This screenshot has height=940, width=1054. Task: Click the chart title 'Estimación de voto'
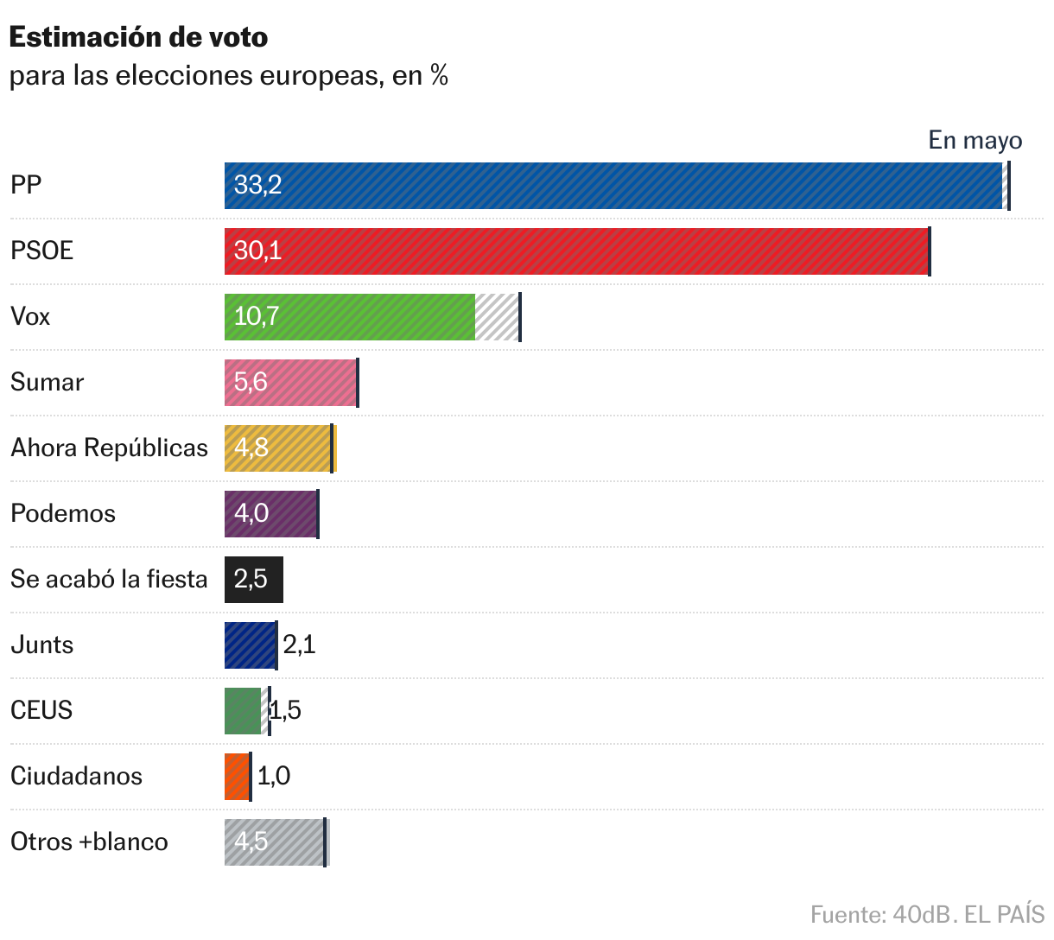pos(138,37)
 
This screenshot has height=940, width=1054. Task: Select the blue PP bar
pos(613,185)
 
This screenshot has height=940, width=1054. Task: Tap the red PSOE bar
pos(576,251)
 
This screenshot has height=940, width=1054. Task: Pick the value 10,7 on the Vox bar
pos(257,316)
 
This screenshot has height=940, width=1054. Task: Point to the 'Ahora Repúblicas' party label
pos(109,448)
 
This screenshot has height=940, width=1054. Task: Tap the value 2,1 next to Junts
pos(299,645)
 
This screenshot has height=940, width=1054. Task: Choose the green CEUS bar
pos(243,710)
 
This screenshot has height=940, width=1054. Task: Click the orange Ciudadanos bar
pos(237,776)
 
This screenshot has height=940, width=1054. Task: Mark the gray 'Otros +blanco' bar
pos(274,842)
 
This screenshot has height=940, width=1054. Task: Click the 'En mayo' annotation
pos(975,140)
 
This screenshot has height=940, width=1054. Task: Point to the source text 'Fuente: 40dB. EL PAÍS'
pos(927,914)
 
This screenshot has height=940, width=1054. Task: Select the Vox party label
pos(30,316)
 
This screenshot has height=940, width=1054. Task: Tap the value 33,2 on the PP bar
pos(257,185)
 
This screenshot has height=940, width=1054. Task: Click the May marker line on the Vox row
pos(520,316)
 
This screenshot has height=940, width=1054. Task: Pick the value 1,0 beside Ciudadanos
pos(274,776)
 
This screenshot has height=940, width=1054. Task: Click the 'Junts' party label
pos(41,645)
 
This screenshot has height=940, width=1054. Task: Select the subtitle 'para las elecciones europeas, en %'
pos(229,76)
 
